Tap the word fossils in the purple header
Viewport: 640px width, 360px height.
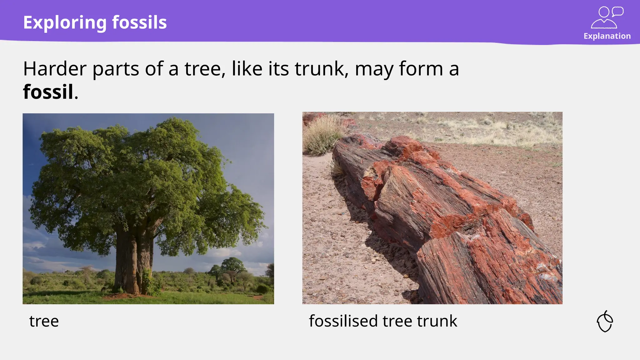tap(139, 22)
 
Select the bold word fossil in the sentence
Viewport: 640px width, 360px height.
tap(48, 92)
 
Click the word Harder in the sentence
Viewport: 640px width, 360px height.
tap(55, 69)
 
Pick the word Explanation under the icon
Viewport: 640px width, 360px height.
tap(607, 36)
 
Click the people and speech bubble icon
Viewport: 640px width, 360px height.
tap(607, 17)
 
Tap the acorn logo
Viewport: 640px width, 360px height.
tap(605, 321)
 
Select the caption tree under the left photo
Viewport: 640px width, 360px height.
tap(44, 321)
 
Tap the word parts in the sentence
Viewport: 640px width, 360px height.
tap(116, 69)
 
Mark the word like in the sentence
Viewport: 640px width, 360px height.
tap(247, 69)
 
